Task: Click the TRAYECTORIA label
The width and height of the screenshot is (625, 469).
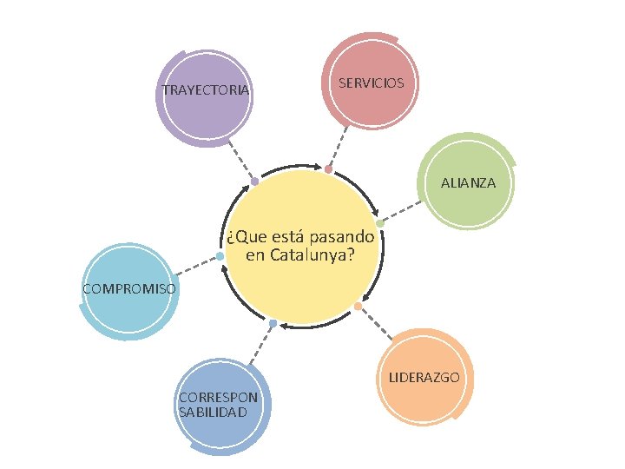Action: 206,90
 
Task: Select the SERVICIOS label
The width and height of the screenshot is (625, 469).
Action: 371,83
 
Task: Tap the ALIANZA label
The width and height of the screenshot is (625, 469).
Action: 468,183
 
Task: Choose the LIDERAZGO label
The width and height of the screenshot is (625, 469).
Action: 424,378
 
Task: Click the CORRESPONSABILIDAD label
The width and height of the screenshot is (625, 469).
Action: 217,405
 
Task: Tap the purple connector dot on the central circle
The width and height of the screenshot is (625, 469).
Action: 254,182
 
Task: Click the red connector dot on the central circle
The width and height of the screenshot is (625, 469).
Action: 328,169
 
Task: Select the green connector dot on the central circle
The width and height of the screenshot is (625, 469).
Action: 379,223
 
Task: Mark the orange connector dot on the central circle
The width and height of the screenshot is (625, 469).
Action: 358,306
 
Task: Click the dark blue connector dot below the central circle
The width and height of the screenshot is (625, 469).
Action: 273,324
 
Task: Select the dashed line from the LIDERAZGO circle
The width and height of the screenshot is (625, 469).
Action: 376,323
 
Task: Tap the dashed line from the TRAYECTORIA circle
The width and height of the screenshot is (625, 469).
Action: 243,162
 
